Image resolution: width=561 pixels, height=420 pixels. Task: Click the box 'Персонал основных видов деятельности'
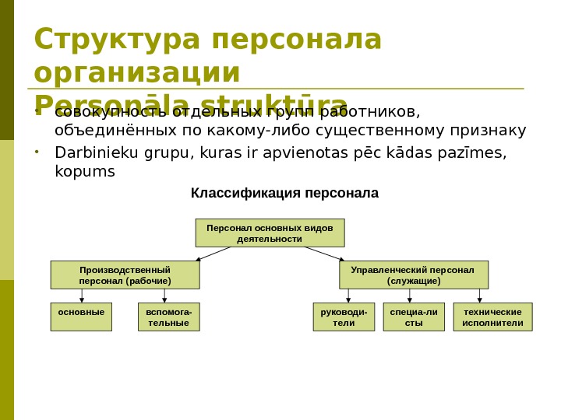coord(270,233)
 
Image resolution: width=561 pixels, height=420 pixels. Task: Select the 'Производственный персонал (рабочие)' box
coord(125,275)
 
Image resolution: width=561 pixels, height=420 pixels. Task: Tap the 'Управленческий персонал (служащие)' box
coord(414,275)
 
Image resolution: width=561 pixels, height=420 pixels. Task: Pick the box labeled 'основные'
coord(81,317)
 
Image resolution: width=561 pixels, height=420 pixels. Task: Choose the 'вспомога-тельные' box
coord(168,317)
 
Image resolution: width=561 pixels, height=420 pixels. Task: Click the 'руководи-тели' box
coord(338,317)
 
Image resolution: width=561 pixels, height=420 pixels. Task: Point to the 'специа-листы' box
coord(414,317)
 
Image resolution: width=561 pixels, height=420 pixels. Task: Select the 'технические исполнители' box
coord(492,317)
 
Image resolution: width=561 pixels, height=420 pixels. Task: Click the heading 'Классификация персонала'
coord(284,193)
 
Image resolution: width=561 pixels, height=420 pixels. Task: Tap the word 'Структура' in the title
coord(117,40)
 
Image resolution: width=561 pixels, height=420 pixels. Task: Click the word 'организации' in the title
coord(137,72)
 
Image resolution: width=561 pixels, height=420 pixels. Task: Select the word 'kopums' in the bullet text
coord(84,170)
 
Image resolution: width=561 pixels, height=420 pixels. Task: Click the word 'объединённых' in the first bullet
coord(102,130)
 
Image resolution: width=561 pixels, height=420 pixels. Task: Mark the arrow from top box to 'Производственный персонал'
coord(213,254)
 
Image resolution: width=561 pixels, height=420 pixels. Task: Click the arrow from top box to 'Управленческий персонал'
coord(323,254)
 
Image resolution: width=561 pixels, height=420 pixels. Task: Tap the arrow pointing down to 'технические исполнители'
coord(479,296)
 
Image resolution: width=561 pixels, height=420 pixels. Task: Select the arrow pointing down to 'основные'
coord(82,296)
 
